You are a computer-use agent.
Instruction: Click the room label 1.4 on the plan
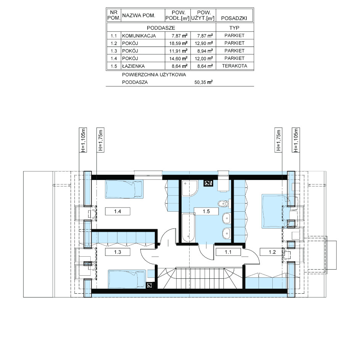(117, 211)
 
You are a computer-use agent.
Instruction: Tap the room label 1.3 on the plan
(117, 252)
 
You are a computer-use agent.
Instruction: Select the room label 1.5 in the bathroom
(206, 211)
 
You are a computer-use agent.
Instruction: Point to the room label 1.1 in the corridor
(228, 252)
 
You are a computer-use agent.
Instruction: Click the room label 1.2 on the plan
(272, 252)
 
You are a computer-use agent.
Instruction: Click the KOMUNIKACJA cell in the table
(139, 36)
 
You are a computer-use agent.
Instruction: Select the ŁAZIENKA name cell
(133, 66)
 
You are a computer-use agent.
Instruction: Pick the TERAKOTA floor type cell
(235, 66)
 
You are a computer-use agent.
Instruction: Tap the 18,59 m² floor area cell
(178, 43)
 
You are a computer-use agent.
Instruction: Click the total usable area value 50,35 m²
(203, 82)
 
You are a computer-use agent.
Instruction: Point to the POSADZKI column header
(234, 18)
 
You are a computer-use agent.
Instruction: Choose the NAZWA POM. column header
(139, 16)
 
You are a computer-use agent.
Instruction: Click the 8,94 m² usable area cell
(204, 51)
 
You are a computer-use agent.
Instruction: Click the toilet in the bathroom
(223, 204)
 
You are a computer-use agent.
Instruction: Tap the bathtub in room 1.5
(188, 228)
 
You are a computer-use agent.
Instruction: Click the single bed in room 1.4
(124, 189)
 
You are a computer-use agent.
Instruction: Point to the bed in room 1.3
(127, 279)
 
